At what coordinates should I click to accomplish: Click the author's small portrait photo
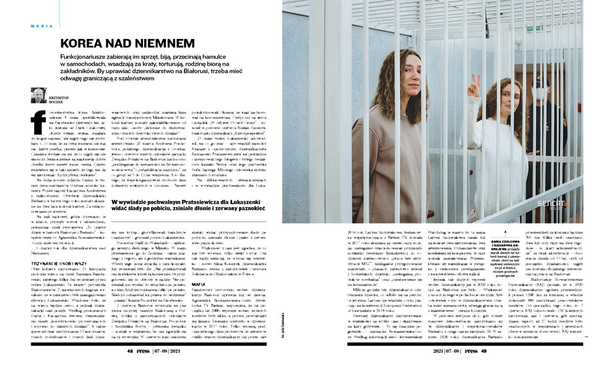click(x=38, y=95)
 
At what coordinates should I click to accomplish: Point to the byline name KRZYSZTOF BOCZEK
click(x=60, y=98)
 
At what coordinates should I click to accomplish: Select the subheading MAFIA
click(x=183, y=282)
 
